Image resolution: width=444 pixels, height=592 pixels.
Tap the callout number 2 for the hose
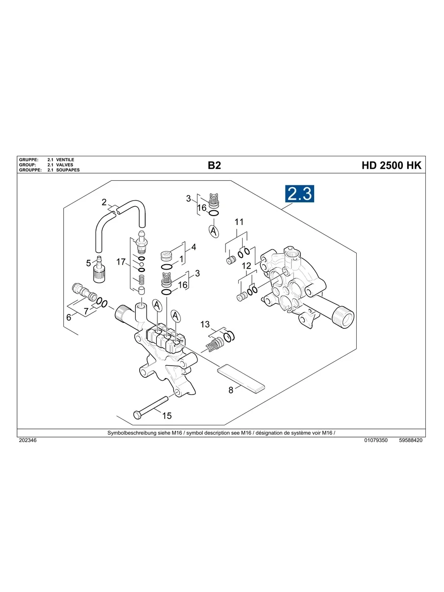[x=104, y=202]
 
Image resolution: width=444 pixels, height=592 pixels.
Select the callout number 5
[x=89, y=263]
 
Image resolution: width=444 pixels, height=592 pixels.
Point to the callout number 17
[x=121, y=262]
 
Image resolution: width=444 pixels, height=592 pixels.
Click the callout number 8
[x=231, y=391]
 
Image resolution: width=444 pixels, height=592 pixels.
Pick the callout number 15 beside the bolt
[x=167, y=416]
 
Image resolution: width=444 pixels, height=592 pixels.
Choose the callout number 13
[x=205, y=324]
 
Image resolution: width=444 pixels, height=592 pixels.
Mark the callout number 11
[x=239, y=222]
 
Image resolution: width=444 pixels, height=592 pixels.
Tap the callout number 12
[x=247, y=266]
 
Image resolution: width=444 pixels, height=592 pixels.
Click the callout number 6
[x=69, y=318]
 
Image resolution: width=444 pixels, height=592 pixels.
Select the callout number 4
[x=194, y=247]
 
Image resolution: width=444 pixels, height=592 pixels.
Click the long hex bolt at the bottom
[x=152, y=406]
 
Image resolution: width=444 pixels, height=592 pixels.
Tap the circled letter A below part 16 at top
[x=214, y=231]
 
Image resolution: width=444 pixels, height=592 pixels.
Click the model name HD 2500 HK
[x=391, y=166]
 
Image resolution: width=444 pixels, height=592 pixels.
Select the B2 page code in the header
[x=214, y=166]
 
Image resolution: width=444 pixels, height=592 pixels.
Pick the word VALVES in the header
[x=65, y=165]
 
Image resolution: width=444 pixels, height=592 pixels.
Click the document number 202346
[x=27, y=441]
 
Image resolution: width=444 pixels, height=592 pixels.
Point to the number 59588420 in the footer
[x=411, y=441]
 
